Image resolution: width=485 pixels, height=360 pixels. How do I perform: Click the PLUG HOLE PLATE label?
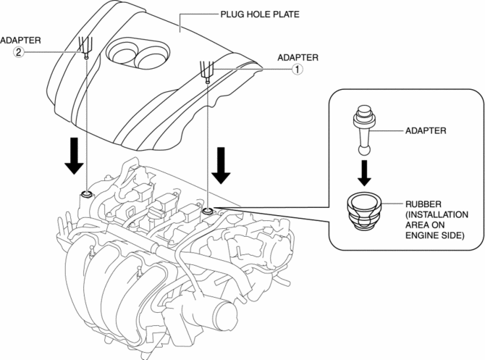pos(253,14)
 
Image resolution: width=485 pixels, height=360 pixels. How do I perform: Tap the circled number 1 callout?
pos(296,70)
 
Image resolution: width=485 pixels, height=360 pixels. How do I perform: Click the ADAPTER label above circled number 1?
pos(298,56)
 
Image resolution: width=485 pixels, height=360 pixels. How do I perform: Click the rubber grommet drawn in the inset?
pos(365,209)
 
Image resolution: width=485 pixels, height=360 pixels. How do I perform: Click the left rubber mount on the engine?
pos(86,193)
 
